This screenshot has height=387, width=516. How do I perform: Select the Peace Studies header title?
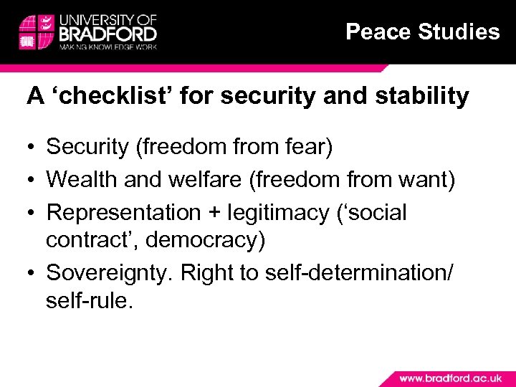(x=422, y=32)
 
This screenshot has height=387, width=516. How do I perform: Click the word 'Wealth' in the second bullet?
(x=81, y=180)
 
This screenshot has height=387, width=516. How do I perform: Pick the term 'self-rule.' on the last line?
(x=89, y=300)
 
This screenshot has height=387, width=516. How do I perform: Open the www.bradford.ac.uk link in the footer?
(x=449, y=377)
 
